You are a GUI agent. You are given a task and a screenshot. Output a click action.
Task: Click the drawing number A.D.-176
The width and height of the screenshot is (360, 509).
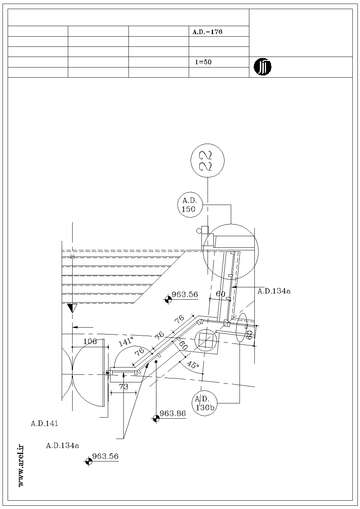point(207,32)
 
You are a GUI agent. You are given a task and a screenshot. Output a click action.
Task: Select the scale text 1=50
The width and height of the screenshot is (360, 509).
point(203,62)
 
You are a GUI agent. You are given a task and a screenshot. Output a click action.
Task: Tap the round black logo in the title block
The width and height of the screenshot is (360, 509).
point(262,67)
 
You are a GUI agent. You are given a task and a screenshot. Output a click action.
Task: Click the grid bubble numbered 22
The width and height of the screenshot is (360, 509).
point(208,160)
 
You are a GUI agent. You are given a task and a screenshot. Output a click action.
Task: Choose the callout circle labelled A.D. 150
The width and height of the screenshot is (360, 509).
point(190,205)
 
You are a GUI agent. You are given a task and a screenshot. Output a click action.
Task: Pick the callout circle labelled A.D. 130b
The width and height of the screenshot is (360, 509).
point(205,403)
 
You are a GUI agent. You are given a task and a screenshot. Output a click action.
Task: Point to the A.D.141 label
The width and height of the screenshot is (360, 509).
point(45,423)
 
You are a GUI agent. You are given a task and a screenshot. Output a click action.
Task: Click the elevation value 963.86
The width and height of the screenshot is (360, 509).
point(173,413)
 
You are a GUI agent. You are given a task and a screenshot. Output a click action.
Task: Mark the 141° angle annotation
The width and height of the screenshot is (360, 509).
point(126,342)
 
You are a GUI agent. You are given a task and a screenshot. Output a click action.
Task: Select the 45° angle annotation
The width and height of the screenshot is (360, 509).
point(193,365)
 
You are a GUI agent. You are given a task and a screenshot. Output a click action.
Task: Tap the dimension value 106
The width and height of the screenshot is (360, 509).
point(90,341)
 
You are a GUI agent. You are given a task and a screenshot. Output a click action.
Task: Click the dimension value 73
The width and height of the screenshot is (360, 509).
point(124,386)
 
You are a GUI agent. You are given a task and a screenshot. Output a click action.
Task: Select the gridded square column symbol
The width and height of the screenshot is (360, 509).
point(206,340)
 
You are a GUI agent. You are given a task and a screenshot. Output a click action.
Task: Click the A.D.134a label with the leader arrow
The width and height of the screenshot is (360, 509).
point(274,291)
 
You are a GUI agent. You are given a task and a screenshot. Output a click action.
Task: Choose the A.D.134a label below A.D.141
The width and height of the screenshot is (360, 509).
point(62,446)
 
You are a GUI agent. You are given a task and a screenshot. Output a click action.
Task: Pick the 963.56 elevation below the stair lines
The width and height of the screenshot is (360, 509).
point(185,294)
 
